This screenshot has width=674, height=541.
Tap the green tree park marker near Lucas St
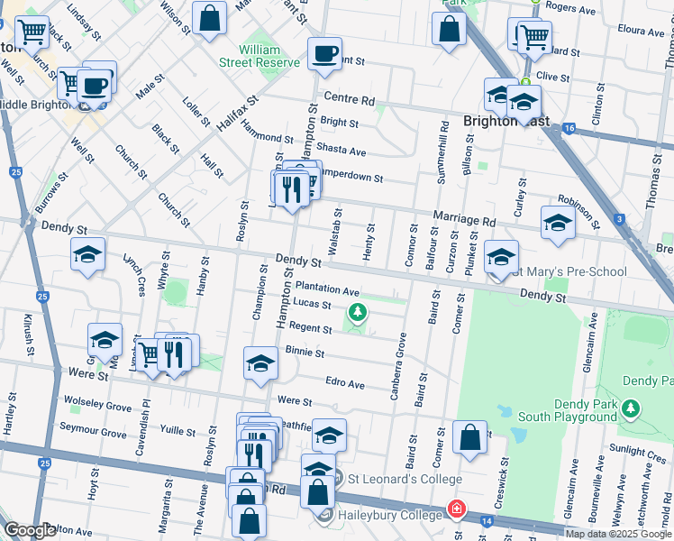(359, 313)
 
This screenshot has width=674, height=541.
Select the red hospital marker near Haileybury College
(458, 509)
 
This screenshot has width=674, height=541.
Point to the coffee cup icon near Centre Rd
(324, 53)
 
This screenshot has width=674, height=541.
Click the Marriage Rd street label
(465, 219)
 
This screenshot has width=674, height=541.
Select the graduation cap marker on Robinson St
(558, 223)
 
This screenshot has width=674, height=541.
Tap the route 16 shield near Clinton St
(568, 129)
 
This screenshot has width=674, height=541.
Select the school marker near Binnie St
(261, 362)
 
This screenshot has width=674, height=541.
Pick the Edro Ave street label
(345, 383)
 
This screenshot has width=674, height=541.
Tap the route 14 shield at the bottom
(487, 520)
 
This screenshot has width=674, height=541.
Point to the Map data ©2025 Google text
(618, 534)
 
